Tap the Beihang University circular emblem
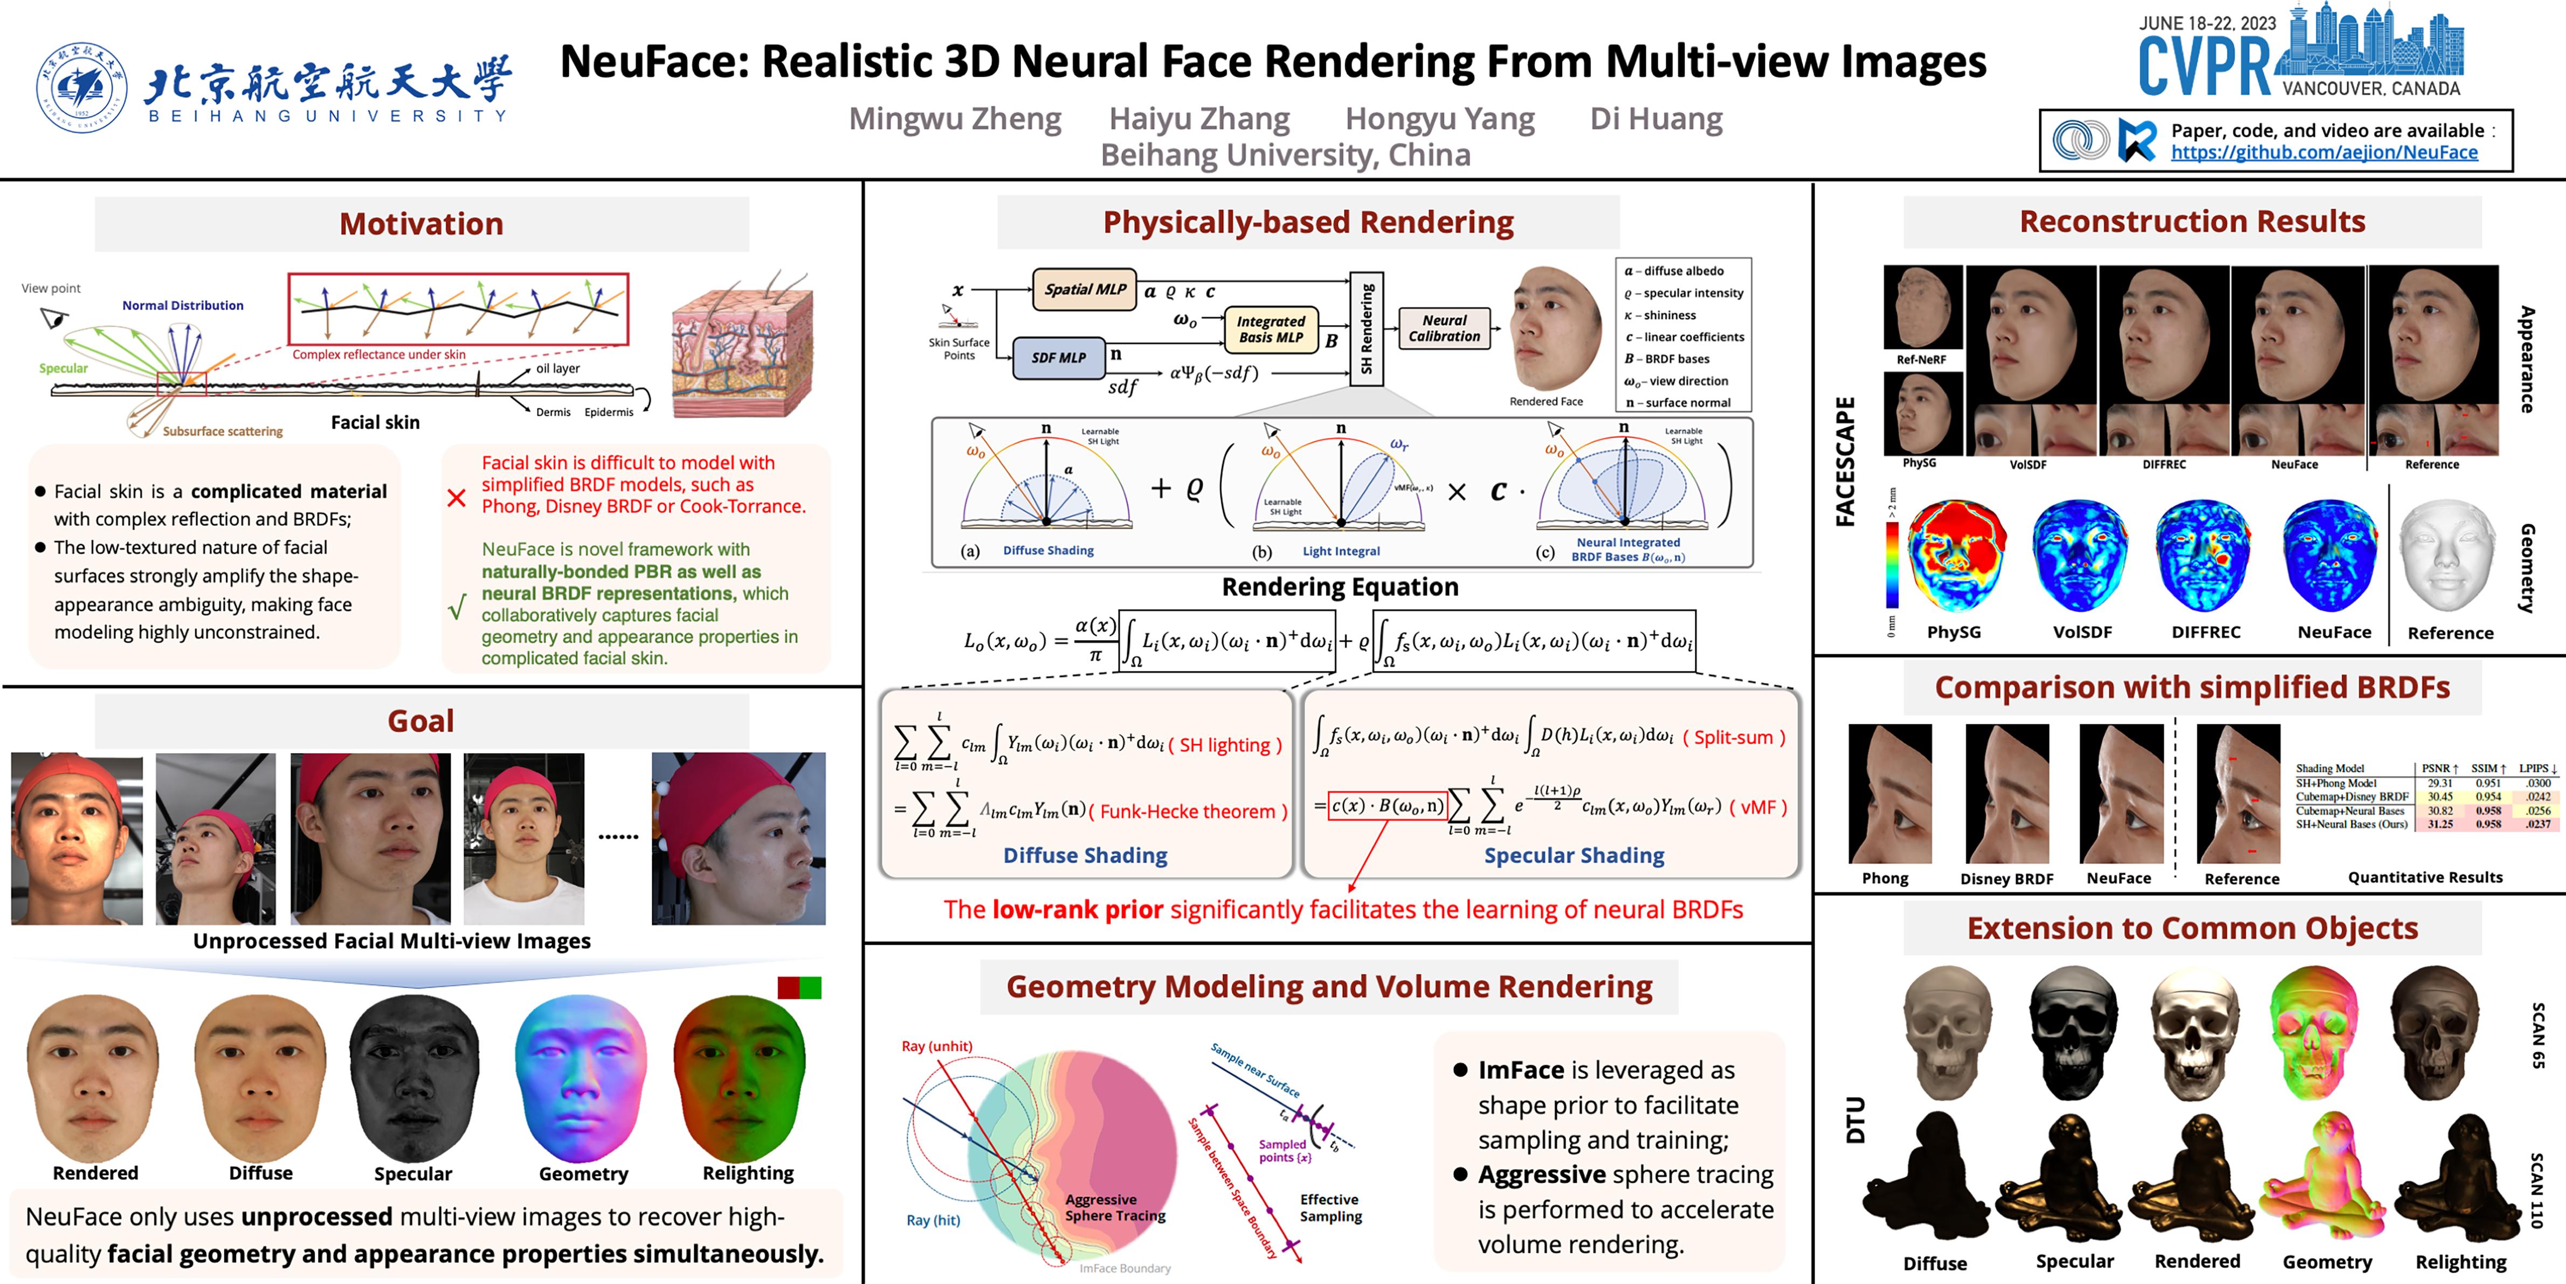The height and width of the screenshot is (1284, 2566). (x=82, y=88)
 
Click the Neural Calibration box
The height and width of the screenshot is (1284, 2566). (x=1444, y=328)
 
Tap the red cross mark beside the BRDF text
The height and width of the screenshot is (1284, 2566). (x=456, y=497)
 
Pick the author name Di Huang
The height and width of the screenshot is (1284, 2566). (x=1656, y=119)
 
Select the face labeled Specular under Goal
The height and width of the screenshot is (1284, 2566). (x=413, y=1076)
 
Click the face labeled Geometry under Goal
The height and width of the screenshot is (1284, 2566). (x=582, y=1076)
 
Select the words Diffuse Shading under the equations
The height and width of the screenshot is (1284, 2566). (x=1085, y=855)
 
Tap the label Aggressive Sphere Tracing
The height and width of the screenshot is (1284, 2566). (x=1115, y=1207)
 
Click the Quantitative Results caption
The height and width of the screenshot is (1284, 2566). (x=2425, y=877)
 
